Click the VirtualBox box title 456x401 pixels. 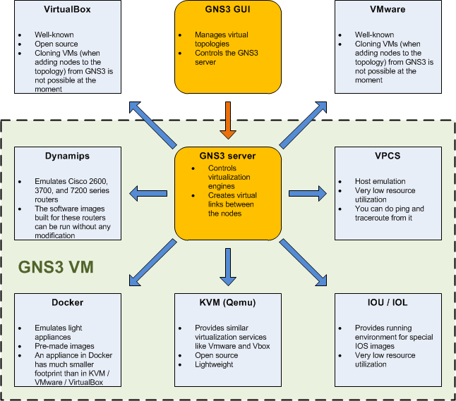click(x=67, y=11)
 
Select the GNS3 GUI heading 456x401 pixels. click(x=227, y=11)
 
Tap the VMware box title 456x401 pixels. click(x=388, y=11)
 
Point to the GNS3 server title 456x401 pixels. click(x=227, y=156)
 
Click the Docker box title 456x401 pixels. click(x=67, y=302)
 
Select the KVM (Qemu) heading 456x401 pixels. click(x=227, y=302)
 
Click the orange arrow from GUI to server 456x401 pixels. click(x=227, y=120)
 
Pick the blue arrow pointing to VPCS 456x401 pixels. click(x=307, y=192)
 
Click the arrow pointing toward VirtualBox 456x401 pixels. click(x=152, y=123)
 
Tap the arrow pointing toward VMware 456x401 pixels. click(x=304, y=123)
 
